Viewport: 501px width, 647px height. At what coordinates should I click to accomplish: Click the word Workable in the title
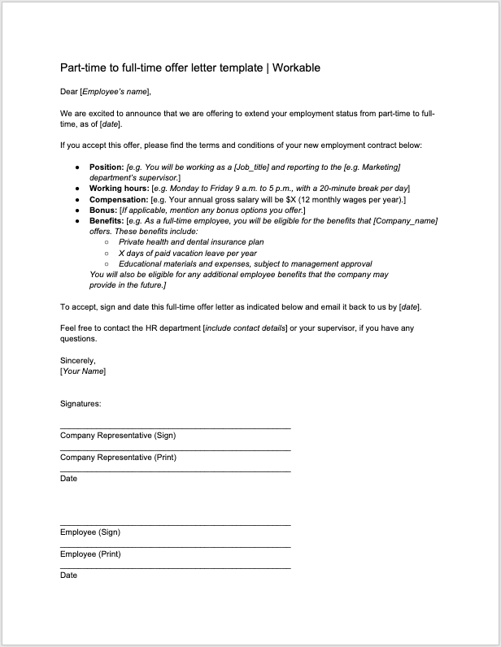pos(296,67)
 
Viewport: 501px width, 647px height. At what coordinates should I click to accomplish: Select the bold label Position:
pos(107,167)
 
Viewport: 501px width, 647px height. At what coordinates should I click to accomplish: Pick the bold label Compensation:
pos(119,199)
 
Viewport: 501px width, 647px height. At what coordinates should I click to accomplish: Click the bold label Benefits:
pos(107,220)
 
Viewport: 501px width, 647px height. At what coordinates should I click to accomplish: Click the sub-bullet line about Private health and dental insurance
pos(191,241)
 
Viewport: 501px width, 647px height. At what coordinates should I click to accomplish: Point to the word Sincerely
pos(78,360)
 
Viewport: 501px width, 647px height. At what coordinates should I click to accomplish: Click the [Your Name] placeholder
pos(83,371)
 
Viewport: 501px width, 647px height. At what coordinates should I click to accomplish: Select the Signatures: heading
pos(81,403)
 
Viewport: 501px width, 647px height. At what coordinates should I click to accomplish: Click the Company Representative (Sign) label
pos(118,436)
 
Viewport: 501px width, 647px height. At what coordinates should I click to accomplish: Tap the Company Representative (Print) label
pos(118,458)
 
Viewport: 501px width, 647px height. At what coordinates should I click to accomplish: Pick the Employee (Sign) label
pos(90,532)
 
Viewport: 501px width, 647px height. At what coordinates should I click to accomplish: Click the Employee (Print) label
pos(90,554)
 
